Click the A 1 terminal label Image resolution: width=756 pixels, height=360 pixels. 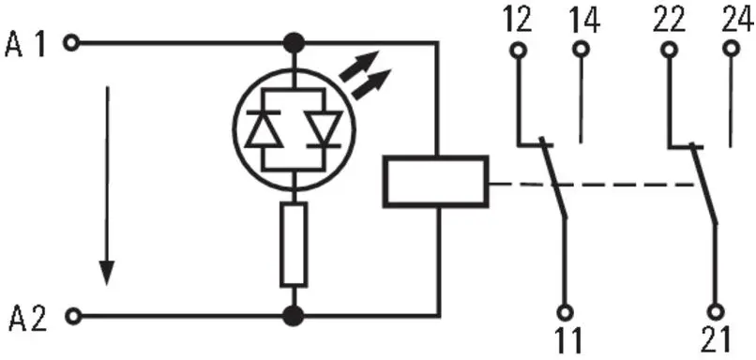click(27, 42)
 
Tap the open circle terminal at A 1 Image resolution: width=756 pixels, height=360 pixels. click(71, 42)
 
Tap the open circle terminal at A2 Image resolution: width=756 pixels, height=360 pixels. click(71, 316)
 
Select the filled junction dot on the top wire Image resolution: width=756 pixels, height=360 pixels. click(295, 42)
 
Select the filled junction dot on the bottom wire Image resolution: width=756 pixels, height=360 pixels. click(295, 315)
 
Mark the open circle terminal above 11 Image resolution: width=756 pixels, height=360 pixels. click(566, 310)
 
